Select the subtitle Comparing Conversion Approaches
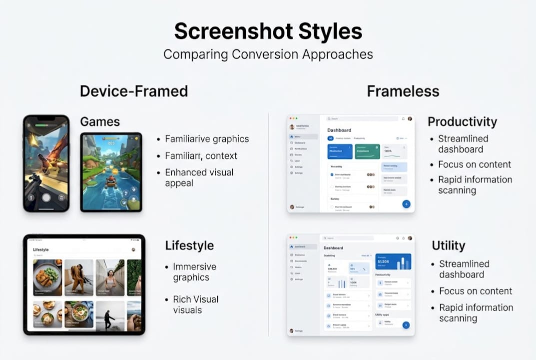click(x=268, y=54)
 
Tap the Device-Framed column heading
click(x=134, y=91)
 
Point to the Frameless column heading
click(x=403, y=91)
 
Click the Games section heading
click(x=100, y=121)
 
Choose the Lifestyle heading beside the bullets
click(x=189, y=245)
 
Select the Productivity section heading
click(x=462, y=121)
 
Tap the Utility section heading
click(x=448, y=245)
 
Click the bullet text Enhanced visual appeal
click(x=199, y=177)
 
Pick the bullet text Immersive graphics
click(x=194, y=272)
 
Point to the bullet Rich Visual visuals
click(x=195, y=304)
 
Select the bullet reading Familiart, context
click(x=201, y=155)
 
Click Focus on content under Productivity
click(x=474, y=164)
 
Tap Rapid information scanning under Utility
click(x=476, y=313)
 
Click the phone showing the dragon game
click(x=46, y=163)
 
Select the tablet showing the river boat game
click(x=111, y=172)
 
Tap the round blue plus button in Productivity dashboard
click(x=406, y=204)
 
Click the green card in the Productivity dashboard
click(x=367, y=151)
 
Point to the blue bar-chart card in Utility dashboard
click(x=393, y=261)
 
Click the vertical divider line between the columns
click(x=268, y=225)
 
